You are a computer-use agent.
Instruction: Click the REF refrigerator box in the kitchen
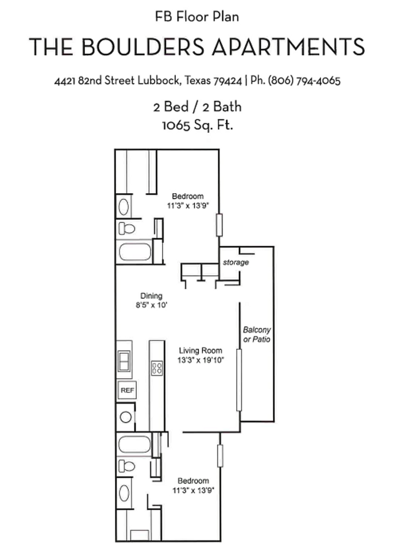(x=126, y=390)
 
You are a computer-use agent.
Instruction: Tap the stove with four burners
(x=157, y=368)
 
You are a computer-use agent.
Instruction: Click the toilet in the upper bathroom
(x=127, y=229)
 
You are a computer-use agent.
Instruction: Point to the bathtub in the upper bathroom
(x=134, y=252)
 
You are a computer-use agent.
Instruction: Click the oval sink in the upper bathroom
(x=124, y=206)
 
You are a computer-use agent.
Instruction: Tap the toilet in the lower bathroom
(x=127, y=465)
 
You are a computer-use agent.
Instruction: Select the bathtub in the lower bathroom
(x=134, y=443)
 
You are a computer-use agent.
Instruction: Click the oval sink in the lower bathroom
(x=124, y=493)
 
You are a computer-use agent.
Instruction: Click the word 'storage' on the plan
(x=236, y=262)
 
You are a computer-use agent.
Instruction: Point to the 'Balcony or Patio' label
(x=256, y=335)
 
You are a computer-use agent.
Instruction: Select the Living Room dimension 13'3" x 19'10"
(x=201, y=361)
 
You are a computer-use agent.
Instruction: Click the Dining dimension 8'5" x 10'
(x=151, y=306)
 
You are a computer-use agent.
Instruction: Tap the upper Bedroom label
(x=188, y=196)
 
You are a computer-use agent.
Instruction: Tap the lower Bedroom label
(x=193, y=481)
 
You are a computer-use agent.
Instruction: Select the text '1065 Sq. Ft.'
(x=196, y=125)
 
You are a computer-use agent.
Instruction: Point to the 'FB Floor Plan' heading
(x=196, y=17)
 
